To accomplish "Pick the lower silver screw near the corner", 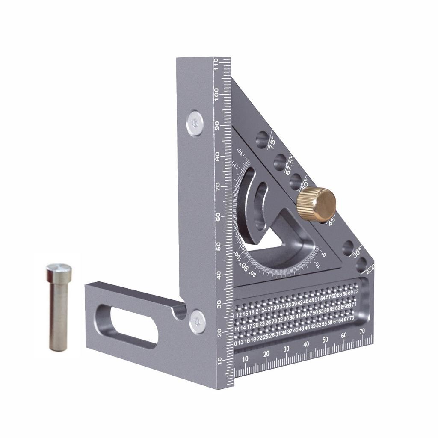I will point(197,321).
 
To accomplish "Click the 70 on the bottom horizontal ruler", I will point(362,331).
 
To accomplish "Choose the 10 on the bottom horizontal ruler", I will point(245,359).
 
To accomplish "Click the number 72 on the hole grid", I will point(356,292).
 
